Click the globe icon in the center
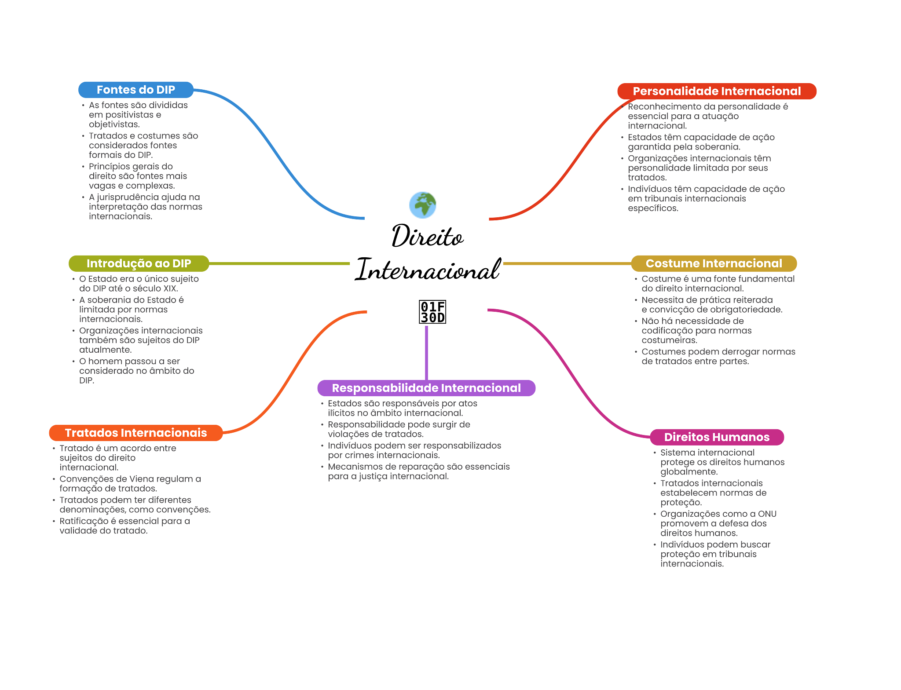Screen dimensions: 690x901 tap(422, 205)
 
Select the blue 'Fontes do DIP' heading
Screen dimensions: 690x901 tap(136, 90)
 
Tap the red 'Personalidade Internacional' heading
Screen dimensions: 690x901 tap(717, 91)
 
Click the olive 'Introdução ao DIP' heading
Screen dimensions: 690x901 tap(139, 263)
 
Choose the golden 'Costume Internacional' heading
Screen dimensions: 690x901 tap(714, 263)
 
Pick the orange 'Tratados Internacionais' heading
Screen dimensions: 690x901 tap(136, 433)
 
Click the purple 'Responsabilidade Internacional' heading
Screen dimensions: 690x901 tap(426, 388)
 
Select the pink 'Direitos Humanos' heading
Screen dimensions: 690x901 tap(717, 437)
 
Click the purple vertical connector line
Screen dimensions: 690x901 tap(426, 352)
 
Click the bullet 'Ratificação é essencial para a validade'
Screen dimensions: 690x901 tap(125, 526)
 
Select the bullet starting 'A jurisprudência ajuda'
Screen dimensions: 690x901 tap(145, 207)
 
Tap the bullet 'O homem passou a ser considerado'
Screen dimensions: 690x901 tap(136, 371)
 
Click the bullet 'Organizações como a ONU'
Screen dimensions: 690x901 tap(718, 523)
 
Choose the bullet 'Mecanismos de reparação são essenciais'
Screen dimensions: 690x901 tap(419, 471)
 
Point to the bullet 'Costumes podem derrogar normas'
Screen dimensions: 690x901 tap(718, 357)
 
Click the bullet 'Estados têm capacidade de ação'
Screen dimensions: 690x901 tap(701, 142)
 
